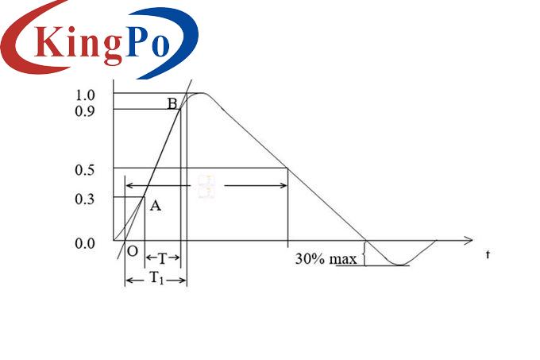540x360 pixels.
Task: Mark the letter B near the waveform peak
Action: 172,103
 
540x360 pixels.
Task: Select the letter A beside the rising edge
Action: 156,207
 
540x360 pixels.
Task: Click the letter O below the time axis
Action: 132,251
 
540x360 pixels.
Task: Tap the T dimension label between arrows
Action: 163,259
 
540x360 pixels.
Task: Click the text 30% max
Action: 326,259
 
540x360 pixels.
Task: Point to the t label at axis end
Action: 488,254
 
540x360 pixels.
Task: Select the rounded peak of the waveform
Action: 202,94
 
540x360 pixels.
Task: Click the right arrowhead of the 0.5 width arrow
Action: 283,186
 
